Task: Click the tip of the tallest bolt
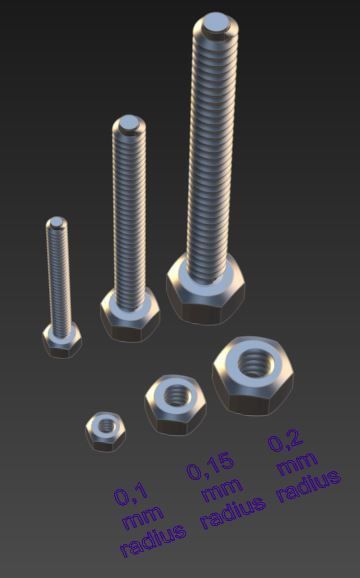pyautogui.click(x=216, y=22)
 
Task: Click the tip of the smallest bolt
pyautogui.click(x=57, y=223)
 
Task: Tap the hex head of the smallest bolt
pyautogui.click(x=62, y=341)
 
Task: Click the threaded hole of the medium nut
pyautogui.click(x=177, y=392)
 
